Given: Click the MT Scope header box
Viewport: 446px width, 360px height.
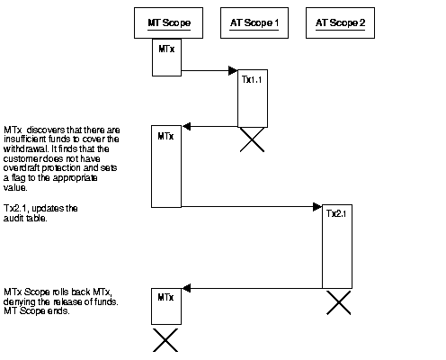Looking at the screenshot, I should [x=164, y=22].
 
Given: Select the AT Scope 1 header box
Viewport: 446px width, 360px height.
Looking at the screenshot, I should [x=250, y=22].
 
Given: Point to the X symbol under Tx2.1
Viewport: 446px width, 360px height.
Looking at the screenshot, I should [x=338, y=301].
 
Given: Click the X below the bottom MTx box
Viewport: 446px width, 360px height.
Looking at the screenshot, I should [x=165, y=340].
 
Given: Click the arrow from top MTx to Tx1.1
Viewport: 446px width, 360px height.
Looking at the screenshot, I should [x=208, y=69].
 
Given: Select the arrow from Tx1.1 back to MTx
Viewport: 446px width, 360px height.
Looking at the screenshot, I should [x=209, y=127].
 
